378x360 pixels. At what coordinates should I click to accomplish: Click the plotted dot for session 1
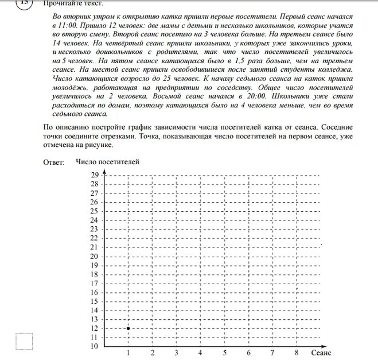(128, 328)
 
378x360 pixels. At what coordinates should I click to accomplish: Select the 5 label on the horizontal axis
(224, 353)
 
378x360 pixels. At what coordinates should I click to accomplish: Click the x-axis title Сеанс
(321, 353)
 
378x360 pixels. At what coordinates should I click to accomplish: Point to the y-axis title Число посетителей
(107, 162)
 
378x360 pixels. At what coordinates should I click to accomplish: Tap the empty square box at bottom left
(24, 342)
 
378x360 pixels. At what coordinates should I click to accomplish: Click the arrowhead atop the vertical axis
(104, 172)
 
